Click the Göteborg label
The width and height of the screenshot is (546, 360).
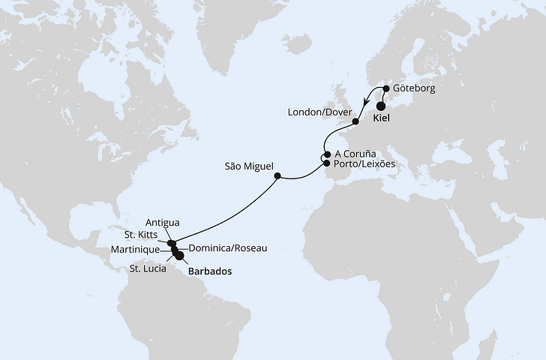point(414,88)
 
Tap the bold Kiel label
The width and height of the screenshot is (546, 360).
point(383,118)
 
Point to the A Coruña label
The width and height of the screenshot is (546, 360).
point(356,153)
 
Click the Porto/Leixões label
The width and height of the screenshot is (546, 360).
point(359,163)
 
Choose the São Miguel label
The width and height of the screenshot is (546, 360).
point(248,166)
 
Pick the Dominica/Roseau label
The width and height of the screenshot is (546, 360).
point(227,248)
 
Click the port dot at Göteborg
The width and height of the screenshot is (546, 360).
point(385,88)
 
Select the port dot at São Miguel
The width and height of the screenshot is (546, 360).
point(277,177)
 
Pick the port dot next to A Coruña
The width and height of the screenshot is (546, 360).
point(326,156)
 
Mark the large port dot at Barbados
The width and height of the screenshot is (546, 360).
point(180,255)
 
